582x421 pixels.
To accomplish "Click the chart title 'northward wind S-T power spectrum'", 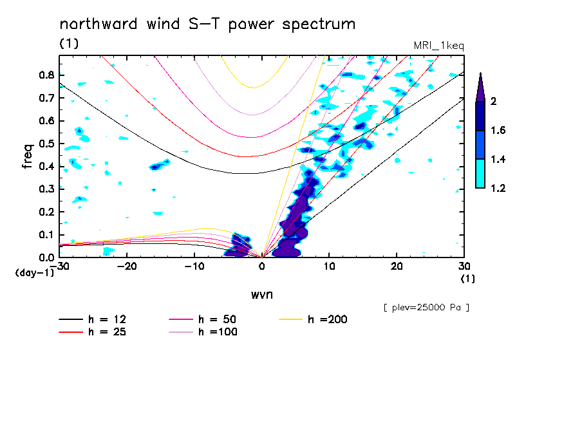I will click(x=207, y=24).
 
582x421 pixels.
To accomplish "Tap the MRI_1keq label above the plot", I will click(x=438, y=45).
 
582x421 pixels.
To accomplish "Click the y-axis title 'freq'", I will click(x=27, y=156).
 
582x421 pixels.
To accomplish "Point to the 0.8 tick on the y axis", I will click(x=46, y=75).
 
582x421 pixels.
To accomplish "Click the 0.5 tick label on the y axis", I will click(x=46, y=144).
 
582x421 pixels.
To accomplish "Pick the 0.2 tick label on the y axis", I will click(x=46, y=212).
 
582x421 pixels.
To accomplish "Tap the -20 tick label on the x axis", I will click(x=127, y=266).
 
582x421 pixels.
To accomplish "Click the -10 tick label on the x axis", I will click(x=194, y=266).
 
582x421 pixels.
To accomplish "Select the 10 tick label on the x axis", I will click(x=329, y=266).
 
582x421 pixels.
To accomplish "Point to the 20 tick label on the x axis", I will click(x=397, y=266).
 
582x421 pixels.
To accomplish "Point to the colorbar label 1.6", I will click(x=499, y=131).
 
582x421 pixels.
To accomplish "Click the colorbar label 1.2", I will click(x=499, y=188).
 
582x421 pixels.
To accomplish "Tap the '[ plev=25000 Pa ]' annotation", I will click(x=426, y=308).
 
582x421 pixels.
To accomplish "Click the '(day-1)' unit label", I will click(x=33, y=272).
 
